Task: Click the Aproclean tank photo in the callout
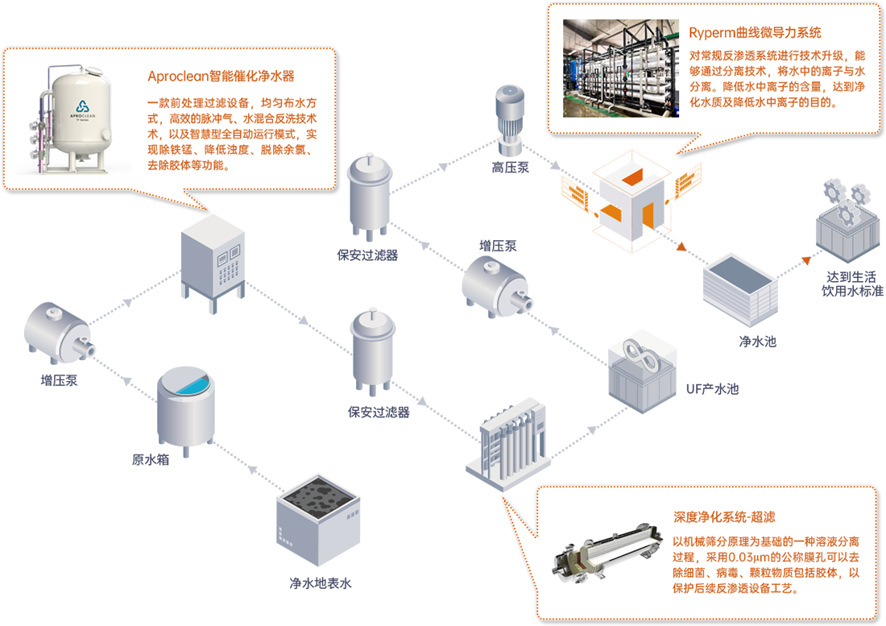pos(74,119)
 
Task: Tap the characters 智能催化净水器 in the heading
pos(252,77)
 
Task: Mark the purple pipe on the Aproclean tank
pos(40,133)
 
